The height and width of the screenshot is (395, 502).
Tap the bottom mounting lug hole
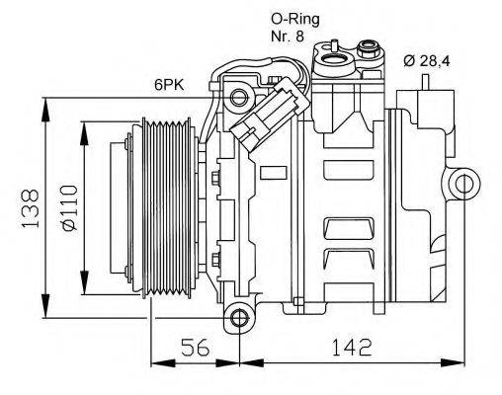pyautogui.click(x=237, y=317)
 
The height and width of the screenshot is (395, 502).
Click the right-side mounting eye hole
pyautogui.click(x=461, y=185)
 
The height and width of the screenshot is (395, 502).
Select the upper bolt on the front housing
pyautogui.click(x=213, y=178)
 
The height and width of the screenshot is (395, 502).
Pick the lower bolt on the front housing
pyautogui.click(x=213, y=261)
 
